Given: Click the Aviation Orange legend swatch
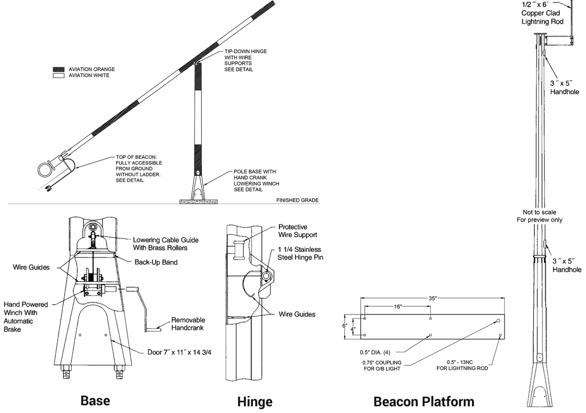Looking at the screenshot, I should click(58, 69).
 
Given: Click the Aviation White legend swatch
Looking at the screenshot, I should click(58, 75).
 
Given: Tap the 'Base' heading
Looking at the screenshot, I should click(95, 400).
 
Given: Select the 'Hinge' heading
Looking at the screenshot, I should click(255, 402).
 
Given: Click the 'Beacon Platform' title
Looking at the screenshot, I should click(424, 402).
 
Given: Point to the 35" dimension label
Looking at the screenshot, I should click(432, 298).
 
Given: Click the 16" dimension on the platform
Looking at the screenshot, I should click(398, 306).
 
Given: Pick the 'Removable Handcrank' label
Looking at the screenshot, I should click(188, 324).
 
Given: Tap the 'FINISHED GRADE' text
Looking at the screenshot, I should click(297, 200).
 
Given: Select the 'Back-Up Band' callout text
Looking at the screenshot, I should click(156, 262).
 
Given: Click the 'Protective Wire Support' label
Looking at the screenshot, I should click(297, 231).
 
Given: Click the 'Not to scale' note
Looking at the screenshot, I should click(539, 212).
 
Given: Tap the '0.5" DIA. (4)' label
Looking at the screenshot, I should click(375, 352).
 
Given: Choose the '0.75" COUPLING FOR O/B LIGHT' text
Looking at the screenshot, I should click(382, 366).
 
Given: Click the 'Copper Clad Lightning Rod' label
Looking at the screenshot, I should click(542, 17).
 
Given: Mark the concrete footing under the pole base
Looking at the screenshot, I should click(198, 201).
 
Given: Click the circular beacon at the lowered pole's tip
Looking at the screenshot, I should click(45, 169).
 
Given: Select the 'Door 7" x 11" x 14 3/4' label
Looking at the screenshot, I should click(179, 352).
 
